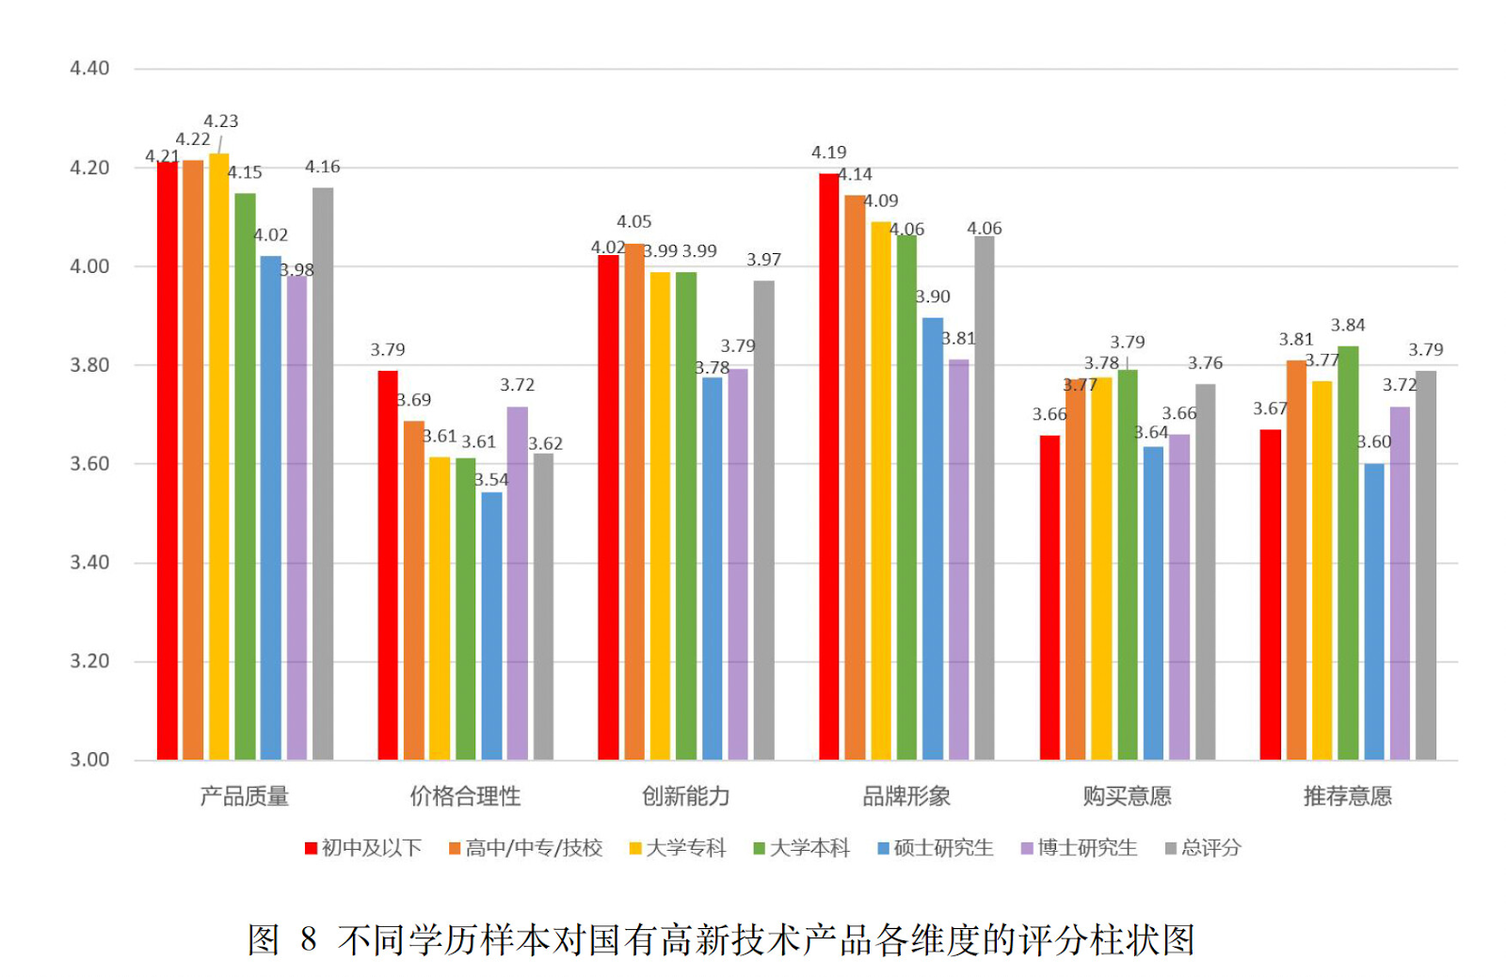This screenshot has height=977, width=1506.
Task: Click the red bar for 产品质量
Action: pos(168,461)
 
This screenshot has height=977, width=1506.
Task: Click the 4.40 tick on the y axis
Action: pos(89,69)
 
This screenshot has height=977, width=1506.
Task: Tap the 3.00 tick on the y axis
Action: pos(89,760)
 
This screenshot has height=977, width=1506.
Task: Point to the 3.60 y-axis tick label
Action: pos(89,464)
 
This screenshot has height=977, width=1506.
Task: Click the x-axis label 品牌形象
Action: pos(906,796)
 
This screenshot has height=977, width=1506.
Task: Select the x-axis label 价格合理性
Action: pos(465,796)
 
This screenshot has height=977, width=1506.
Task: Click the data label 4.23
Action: pos(221,121)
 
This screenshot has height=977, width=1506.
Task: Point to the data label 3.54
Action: pos(491,480)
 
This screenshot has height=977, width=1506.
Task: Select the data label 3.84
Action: pos(1348,326)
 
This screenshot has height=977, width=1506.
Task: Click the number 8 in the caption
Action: pos(309,939)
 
